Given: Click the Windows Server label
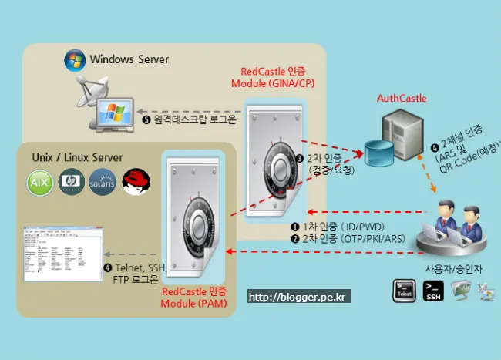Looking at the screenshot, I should point(129,59).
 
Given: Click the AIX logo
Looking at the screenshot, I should point(39,183).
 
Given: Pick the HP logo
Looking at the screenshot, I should point(70,183).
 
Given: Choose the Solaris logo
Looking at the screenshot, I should point(102,183).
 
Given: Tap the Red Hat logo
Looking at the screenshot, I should point(135,182).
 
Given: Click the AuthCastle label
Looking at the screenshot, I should point(401,98).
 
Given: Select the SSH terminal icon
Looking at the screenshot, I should point(432,290).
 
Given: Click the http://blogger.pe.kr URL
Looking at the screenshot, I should point(298,296).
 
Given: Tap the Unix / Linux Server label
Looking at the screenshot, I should point(77,157).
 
